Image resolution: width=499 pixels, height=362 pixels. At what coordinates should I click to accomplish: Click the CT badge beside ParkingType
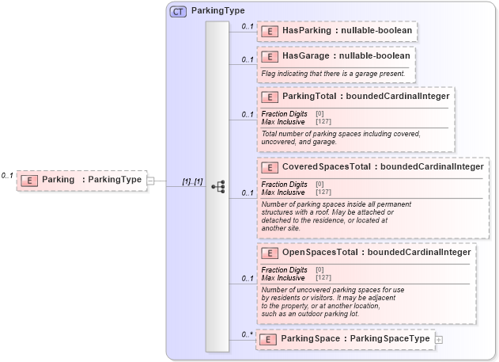tap(179, 12)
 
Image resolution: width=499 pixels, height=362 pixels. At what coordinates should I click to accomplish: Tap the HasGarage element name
tap(300, 56)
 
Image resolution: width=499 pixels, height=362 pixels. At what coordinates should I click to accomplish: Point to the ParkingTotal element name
tap(308, 97)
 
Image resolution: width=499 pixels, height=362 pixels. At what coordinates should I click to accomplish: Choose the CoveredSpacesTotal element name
tap(326, 167)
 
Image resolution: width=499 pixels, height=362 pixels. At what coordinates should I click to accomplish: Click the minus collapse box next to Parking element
tap(151, 180)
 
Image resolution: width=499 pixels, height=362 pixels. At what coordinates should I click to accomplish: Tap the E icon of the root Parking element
tap(29, 180)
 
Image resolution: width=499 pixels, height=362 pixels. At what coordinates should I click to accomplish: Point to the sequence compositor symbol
tap(217, 187)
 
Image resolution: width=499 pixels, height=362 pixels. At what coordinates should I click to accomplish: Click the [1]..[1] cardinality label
tap(192, 181)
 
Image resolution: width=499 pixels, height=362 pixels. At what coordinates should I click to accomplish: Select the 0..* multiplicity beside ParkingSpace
tap(248, 334)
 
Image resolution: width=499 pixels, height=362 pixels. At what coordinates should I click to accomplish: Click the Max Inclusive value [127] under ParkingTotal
tap(323, 121)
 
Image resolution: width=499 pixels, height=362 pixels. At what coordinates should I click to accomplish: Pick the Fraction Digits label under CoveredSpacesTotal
tap(284, 185)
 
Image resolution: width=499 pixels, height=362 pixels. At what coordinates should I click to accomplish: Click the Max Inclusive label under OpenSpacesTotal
tap(283, 277)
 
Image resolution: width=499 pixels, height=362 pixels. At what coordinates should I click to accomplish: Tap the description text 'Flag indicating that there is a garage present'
tap(333, 74)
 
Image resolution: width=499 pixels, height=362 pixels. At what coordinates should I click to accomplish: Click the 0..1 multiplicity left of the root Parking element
tap(8, 175)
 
